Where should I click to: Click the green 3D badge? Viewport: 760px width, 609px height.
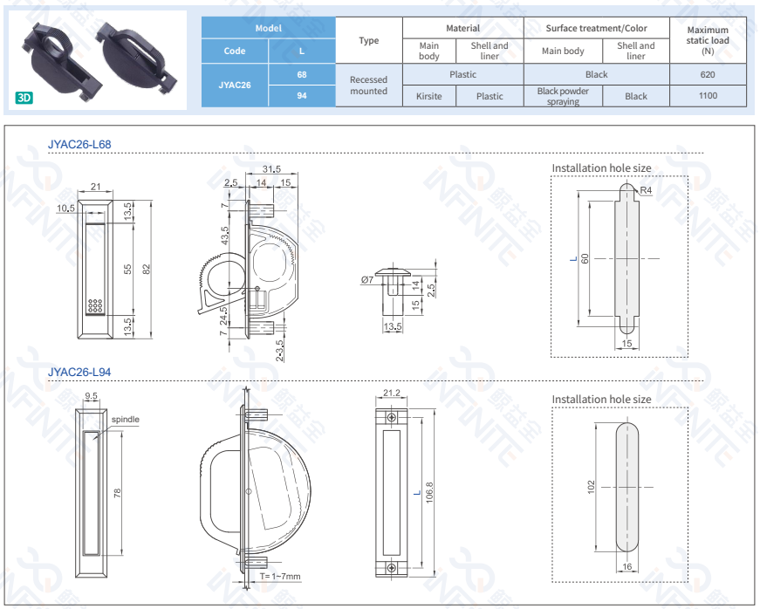coord(24,98)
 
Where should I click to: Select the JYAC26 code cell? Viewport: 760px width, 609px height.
coord(235,85)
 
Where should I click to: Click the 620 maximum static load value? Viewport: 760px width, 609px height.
coord(707,74)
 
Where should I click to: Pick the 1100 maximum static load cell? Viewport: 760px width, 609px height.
coord(707,96)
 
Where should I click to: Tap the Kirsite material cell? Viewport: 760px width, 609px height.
coord(428,96)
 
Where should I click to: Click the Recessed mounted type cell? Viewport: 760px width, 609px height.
coord(368,85)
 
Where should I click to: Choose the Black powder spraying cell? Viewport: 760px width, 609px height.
coord(563,96)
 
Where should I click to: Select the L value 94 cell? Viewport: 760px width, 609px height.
coord(301,96)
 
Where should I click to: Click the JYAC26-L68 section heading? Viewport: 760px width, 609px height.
coord(79,144)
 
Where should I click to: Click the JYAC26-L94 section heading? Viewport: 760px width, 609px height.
coord(79,373)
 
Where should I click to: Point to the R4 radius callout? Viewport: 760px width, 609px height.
coord(647,190)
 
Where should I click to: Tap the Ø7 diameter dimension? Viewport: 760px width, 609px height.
coord(366,280)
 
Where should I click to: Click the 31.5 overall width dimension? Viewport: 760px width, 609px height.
coord(271,169)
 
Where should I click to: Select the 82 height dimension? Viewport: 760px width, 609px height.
coord(147,269)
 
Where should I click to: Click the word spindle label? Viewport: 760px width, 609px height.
coord(125,420)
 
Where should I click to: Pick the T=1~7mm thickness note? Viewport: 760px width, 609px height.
coord(280,577)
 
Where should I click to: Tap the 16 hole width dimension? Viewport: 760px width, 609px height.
coord(627,567)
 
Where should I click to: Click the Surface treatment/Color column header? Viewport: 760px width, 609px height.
coord(597,28)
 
